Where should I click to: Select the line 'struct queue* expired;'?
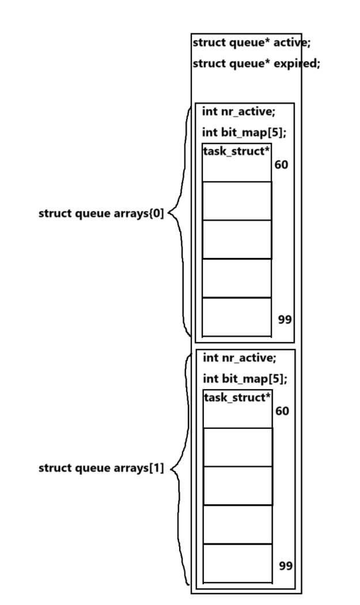pyautogui.click(x=256, y=63)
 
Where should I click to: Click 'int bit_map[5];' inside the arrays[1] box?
pyautogui.click(x=245, y=379)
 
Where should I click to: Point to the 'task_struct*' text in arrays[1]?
pyautogui.click(x=237, y=397)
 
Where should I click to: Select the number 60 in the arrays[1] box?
pyautogui.click(x=283, y=412)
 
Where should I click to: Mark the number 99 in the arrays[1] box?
pyautogui.click(x=285, y=566)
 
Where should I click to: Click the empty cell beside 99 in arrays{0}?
pyautogui.click(x=237, y=317)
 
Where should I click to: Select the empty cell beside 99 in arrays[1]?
pyautogui.click(x=237, y=563)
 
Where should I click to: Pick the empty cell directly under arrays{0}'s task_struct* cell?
pyautogui.click(x=237, y=201)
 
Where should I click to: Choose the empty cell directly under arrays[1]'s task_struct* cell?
pyautogui.click(x=237, y=447)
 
